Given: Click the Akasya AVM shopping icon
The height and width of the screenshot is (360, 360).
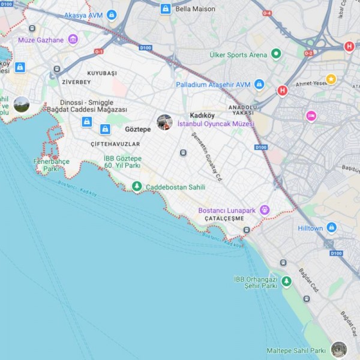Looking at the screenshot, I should point(112,15).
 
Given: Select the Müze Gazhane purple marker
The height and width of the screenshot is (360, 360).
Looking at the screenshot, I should point(73,40).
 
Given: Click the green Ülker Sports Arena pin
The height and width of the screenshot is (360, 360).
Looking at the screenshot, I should point(276,55).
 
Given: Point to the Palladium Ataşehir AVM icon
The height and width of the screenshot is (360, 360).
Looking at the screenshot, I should point(259,84).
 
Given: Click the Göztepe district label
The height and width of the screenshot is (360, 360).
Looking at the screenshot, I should point(138,129).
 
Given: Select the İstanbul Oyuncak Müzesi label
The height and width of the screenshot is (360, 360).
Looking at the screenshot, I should point(216,124).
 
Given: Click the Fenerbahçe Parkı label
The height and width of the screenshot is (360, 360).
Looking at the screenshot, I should point(52,166).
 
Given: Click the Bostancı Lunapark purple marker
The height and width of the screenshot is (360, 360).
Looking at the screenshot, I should point(265,210).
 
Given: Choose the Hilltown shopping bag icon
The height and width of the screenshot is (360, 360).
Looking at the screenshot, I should point(331,228).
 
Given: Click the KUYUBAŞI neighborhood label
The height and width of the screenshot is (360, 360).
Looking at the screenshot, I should point(102,73).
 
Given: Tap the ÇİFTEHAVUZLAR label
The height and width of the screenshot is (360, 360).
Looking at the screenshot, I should point(115,145).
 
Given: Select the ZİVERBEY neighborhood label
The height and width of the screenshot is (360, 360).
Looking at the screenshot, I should point(76,82).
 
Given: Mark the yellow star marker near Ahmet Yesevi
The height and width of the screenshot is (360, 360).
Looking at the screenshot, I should point(331,79).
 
